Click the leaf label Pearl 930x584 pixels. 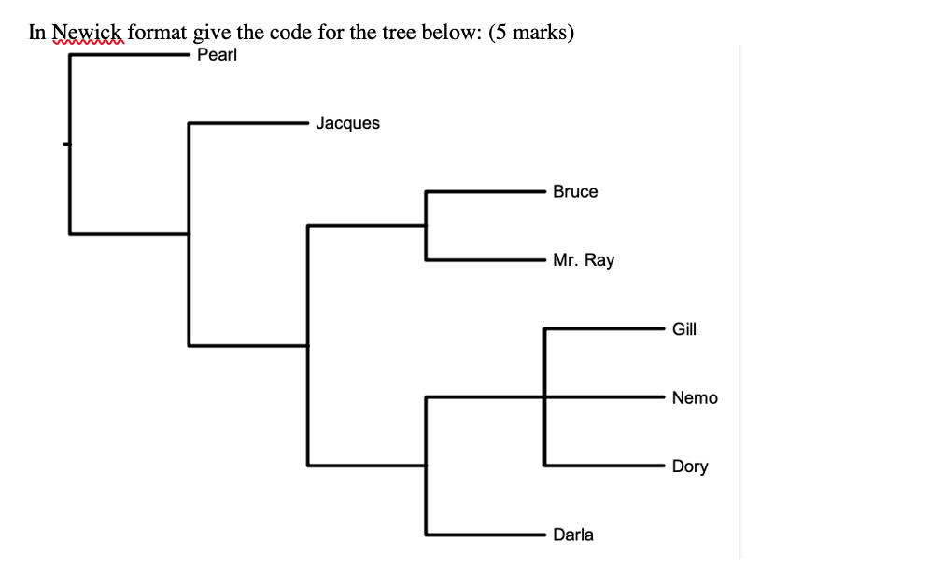click(218, 55)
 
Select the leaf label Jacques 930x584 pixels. click(347, 123)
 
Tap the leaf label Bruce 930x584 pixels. click(575, 191)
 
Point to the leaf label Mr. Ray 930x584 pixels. click(584, 260)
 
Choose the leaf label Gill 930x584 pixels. click(683, 328)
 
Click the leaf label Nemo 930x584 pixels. click(695, 397)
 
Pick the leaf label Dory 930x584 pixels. click(690, 466)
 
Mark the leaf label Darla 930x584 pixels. click(573, 535)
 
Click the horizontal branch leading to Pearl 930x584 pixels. click(131, 55)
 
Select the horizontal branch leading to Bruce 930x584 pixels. click(486, 191)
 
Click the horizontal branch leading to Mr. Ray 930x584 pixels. click(486, 259)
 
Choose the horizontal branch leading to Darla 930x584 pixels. click(486, 534)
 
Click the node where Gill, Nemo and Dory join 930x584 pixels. click(544, 397)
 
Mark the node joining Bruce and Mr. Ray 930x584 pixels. click(426, 225)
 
